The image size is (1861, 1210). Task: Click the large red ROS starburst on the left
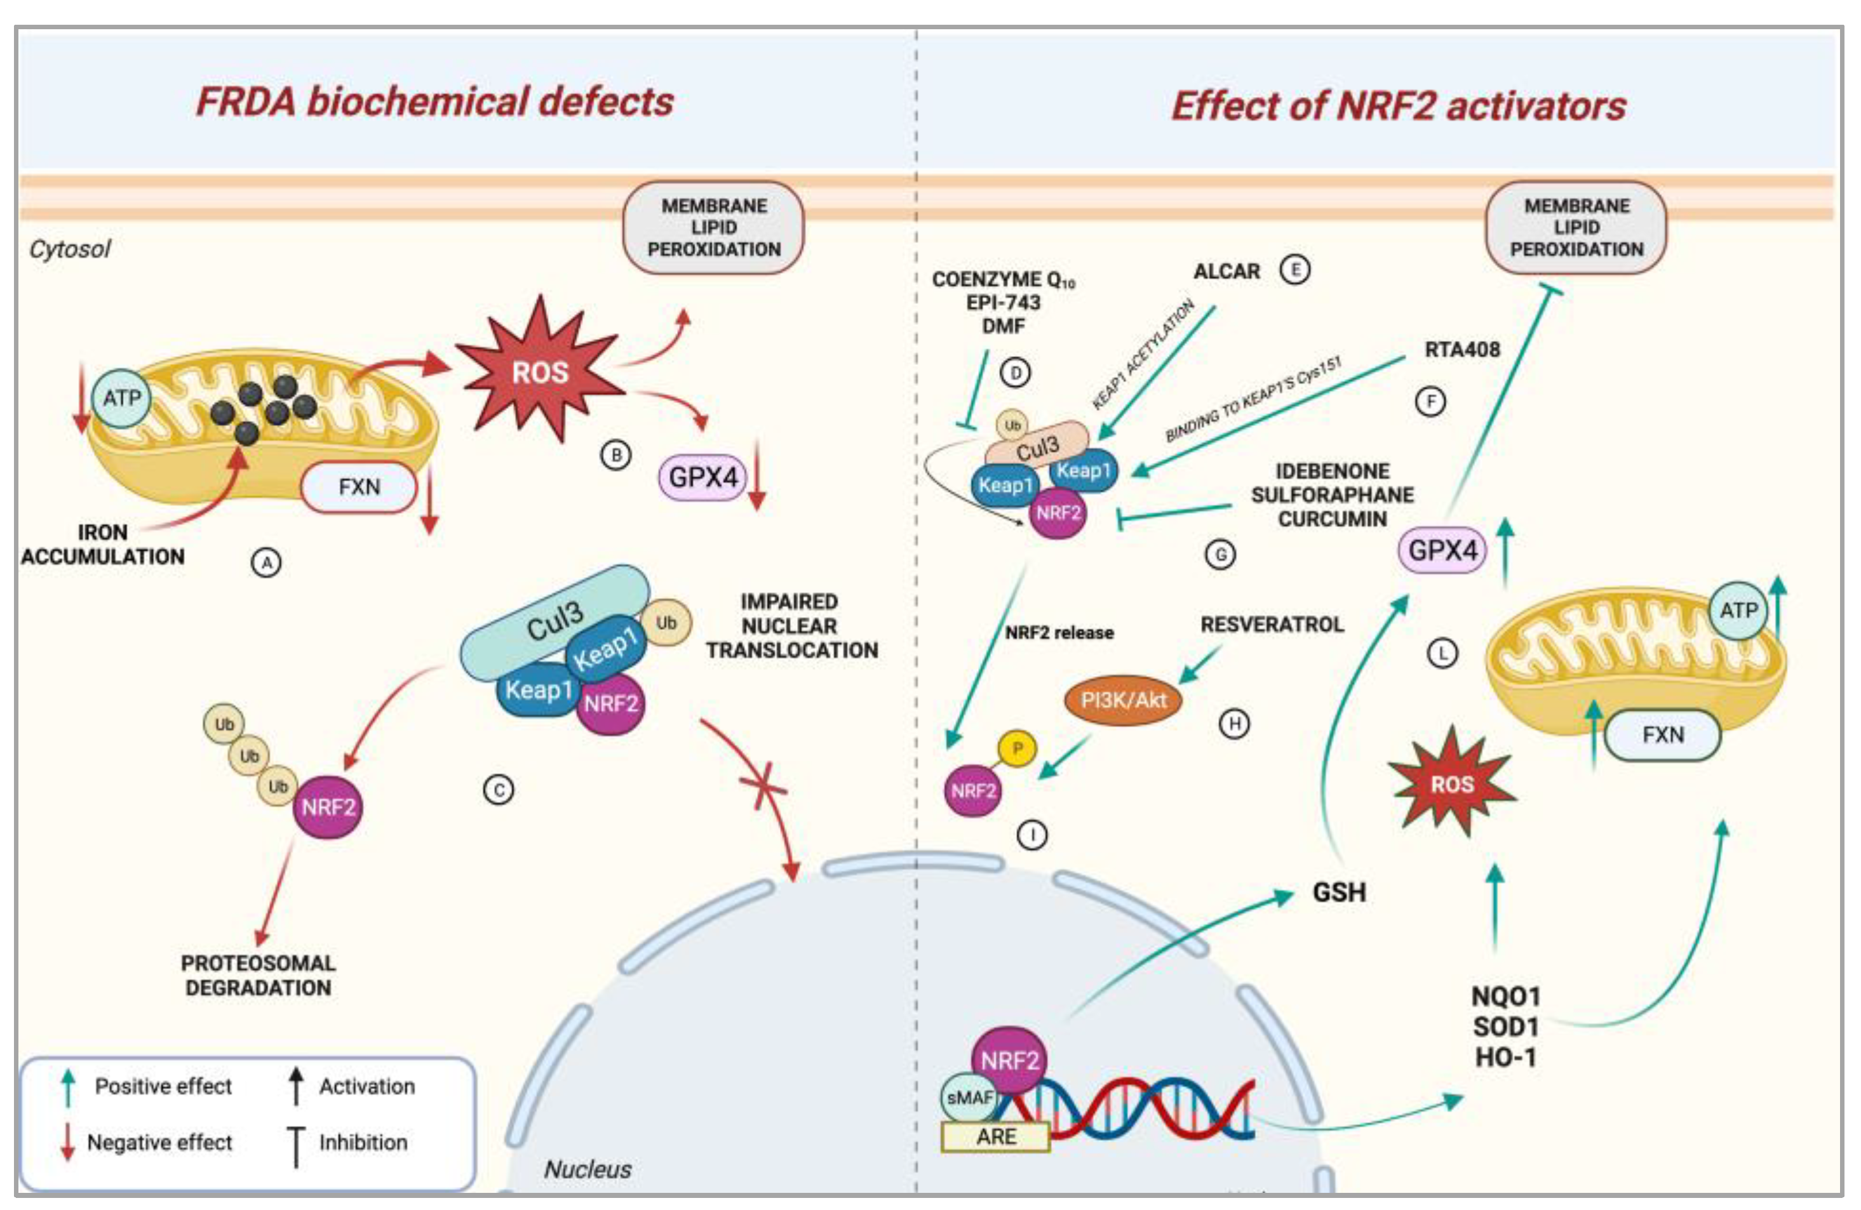coord(539,372)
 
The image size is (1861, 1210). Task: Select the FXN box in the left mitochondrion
coord(359,487)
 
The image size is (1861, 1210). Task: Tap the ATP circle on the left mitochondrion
coord(122,398)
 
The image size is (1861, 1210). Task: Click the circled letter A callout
coord(267,563)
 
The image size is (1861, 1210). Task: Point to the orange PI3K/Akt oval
coord(1123,700)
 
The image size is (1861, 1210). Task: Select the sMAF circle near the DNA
coord(969,1098)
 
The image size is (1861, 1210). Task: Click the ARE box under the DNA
coord(995,1136)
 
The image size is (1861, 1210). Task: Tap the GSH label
coord(1339,892)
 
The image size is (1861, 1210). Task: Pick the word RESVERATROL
coord(1272,625)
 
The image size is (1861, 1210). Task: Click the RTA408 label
coord(1461,349)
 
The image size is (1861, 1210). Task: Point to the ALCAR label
coord(1226,271)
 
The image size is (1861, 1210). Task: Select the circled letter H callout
coord(1235,724)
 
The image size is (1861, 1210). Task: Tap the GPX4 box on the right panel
coord(1442,550)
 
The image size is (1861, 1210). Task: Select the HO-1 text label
coord(1505,1058)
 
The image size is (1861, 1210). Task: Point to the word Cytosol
coord(70,249)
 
